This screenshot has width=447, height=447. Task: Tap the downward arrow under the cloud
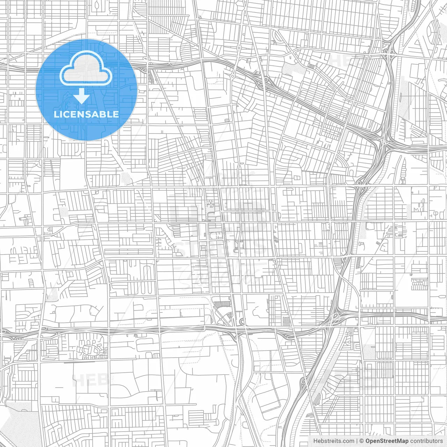click(x=82, y=96)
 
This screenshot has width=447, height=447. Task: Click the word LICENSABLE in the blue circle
click(x=86, y=114)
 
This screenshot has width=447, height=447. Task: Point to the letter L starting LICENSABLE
click(x=56, y=114)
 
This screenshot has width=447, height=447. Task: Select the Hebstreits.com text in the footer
click(x=334, y=441)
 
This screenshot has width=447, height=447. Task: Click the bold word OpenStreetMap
click(x=387, y=441)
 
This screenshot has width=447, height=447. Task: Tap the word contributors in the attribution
click(x=426, y=441)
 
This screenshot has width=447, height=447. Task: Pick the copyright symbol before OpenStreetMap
click(x=361, y=441)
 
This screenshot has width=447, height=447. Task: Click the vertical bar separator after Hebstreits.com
click(x=357, y=441)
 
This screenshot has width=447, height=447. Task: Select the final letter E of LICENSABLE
click(x=116, y=114)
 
